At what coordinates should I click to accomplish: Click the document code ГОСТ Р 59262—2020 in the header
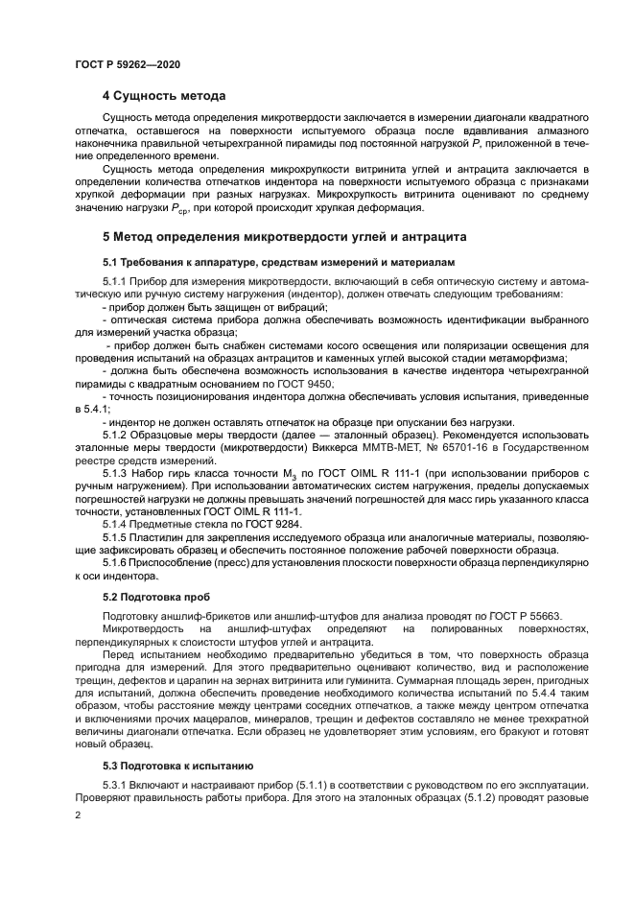127,63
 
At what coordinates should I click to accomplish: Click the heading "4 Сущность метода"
164,96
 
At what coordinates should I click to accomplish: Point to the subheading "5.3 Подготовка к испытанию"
177,766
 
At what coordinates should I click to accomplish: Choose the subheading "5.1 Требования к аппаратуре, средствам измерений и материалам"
272,261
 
